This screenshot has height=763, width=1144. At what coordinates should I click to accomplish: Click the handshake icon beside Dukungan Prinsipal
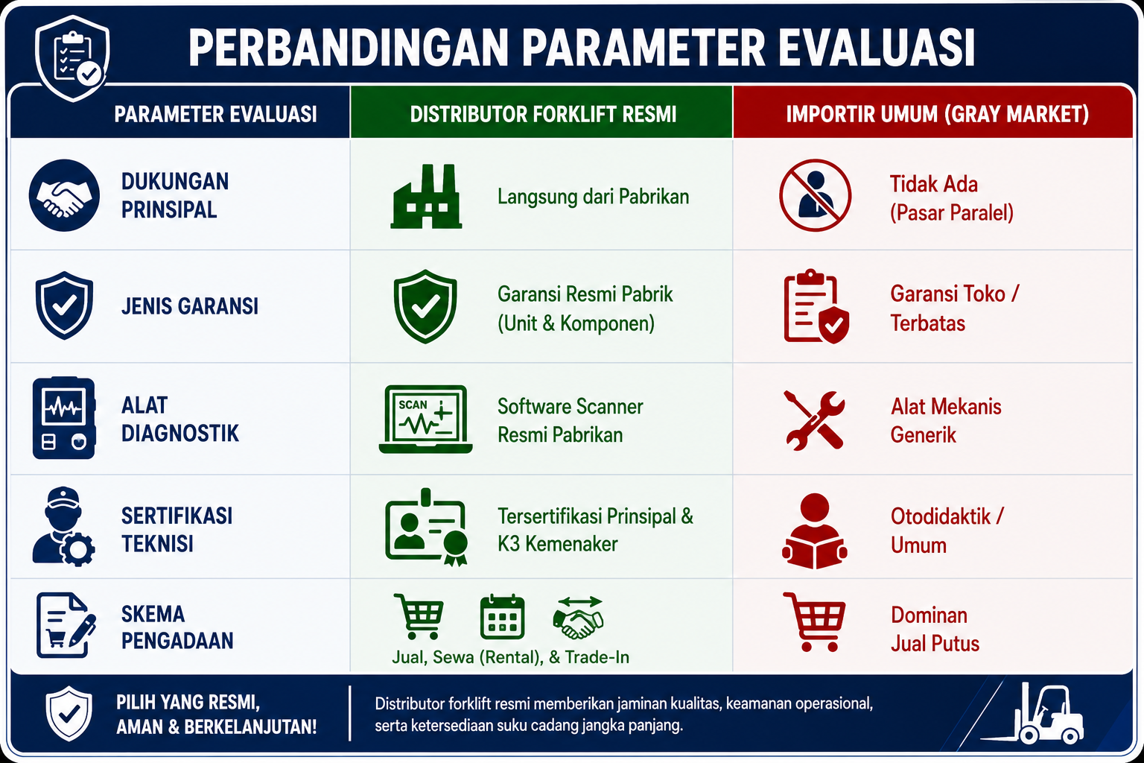tap(64, 195)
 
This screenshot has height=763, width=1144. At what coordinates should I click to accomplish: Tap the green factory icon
tap(426, 196)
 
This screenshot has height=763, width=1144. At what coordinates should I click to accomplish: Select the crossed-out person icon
tap(815, 195)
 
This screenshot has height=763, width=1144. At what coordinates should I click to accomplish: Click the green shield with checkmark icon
tap(425, 306)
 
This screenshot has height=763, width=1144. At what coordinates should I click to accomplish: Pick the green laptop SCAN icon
tap(425, 419)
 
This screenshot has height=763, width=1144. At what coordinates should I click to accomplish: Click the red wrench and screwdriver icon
tap(815, 420)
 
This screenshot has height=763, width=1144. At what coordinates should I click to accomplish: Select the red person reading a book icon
tap(815, 531)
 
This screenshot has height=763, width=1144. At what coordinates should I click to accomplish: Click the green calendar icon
tap(502, 616)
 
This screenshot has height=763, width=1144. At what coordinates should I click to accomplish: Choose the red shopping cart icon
tap(815, 621)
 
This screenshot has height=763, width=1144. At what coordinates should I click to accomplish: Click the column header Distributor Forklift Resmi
tap(543, 115)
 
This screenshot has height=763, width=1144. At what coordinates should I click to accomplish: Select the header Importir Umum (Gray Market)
tap(937, 115)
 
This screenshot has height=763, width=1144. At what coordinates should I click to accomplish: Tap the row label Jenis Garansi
tap(189, 307)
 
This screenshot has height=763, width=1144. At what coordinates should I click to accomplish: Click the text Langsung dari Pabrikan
tap(593, 197)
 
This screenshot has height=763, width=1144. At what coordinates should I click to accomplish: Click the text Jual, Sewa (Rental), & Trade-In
tap(510, 657)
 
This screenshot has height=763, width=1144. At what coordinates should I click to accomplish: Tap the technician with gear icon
tap(63, 526)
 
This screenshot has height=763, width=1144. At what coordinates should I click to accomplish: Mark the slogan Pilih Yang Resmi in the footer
tap(188, 702)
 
